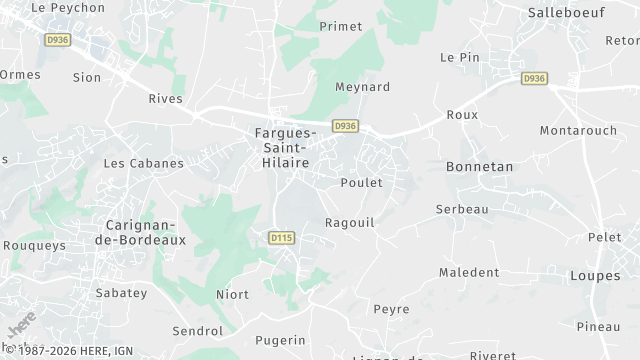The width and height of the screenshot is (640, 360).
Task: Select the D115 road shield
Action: [x=282, y=237]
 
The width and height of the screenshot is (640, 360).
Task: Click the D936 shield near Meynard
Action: [x=345, y=126]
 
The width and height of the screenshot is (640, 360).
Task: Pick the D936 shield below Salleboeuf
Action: [x=534, y=77]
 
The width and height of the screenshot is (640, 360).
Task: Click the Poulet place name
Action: [x=361, y=182]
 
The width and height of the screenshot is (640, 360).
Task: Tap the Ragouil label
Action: [x=350, y=222]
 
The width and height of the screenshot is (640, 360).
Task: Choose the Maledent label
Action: [x=469, y=272]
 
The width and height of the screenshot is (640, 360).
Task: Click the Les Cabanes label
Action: [x=144, y=162]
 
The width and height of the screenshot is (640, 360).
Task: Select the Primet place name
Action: [x=340, y=26]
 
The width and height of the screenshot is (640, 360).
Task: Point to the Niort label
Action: [x=233, y=294]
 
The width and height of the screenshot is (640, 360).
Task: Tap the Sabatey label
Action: [x=121, y=293]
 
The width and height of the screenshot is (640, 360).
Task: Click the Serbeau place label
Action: [x=462, y=209]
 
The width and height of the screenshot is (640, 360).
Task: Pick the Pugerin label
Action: [x=280, y=340]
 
